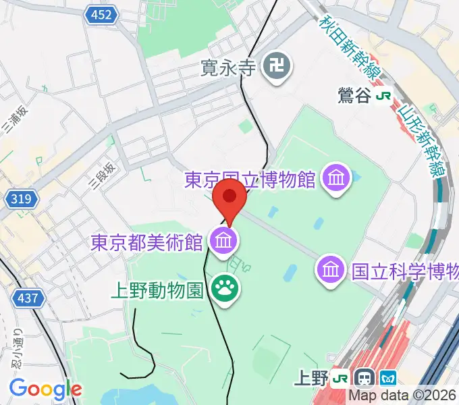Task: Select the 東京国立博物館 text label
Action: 250,180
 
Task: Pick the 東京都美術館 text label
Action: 147,240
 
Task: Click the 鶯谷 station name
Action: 354,96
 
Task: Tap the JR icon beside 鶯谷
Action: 383,96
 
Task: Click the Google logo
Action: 45,389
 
